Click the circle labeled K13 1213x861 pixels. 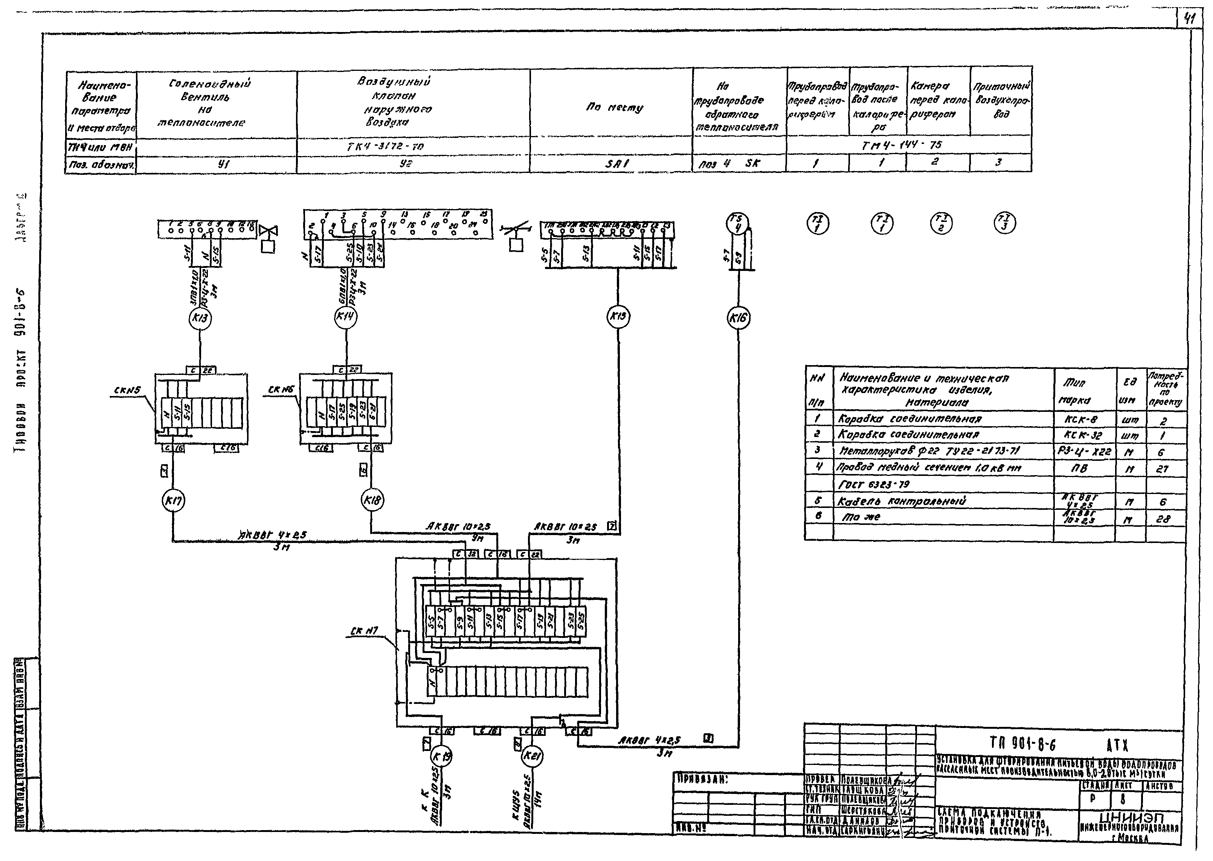(200, 318)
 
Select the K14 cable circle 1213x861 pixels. (345, 317)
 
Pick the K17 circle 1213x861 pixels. (173, 500)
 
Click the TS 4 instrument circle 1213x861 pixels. (737, 222)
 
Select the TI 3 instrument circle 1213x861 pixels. (1005, 223)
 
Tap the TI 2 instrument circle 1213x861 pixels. (941, 223)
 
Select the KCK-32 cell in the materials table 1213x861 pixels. (1085, 435)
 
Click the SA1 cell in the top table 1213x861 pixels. (617, 164)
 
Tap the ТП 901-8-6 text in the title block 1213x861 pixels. (1023, 745)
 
